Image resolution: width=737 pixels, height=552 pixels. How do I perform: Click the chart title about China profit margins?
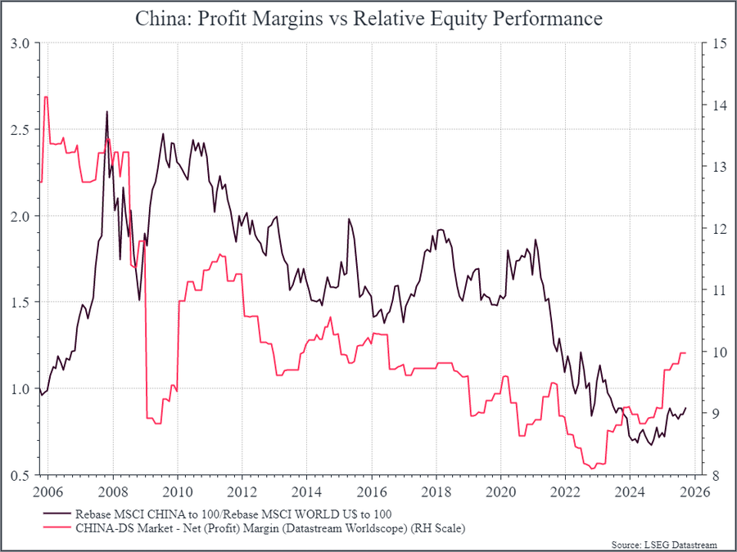point(368,18)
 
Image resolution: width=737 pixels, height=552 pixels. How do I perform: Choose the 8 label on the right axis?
point(716,475)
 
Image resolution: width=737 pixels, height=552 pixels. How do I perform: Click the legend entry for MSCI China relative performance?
point(233,514)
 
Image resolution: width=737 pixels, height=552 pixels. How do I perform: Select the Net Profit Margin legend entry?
point(269,528)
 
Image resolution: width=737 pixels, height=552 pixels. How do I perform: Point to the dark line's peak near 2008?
point(106,112)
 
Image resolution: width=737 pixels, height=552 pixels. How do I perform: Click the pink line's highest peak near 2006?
point(46,97)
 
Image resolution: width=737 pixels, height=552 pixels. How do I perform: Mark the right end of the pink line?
point(685,353)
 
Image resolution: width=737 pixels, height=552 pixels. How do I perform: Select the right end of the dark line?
point(686,408)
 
